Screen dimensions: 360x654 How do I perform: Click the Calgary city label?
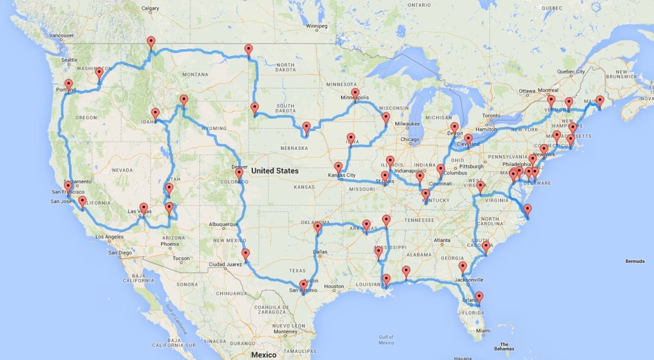[x=150, y=9]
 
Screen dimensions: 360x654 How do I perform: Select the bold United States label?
[x=274, y=171]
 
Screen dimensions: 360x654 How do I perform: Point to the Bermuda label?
[x=635, y=261]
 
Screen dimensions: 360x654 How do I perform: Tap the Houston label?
[x=335, y=287]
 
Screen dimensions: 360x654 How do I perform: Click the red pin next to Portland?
[x=68, y=84]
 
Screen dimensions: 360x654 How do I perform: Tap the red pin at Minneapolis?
[x=355, y=93]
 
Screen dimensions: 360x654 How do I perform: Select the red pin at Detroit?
[x=455, y=127]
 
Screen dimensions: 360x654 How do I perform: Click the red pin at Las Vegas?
[x=144, y=208]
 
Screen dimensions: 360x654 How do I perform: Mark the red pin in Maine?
[x=600, y=100]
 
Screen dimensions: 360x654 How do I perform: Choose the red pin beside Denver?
[x=239, y=173]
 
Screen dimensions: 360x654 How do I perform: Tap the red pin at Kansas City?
[x=338, y=167]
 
